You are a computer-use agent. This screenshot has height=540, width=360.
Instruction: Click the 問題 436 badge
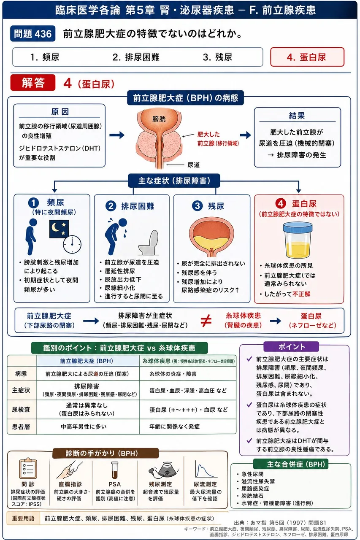point(32,33)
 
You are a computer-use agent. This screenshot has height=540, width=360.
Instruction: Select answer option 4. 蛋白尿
point(307,57)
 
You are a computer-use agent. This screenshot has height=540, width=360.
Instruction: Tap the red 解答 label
point(33,83)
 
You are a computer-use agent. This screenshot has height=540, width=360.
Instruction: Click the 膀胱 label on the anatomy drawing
point(159,119)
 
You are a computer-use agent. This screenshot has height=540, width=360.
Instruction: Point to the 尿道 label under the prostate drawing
point(193,165)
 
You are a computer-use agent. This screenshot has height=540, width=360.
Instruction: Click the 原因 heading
point(60,112)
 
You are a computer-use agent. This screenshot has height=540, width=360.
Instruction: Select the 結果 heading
point(297,116)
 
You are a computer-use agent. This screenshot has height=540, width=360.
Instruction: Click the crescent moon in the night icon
point(55,227)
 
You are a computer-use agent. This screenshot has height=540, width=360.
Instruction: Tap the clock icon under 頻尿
point(72,244)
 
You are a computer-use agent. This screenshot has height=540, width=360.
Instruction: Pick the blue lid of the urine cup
point(298,227)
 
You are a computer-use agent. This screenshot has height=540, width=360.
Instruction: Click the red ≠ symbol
point(206,321)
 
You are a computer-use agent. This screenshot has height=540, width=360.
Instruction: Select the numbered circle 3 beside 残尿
point(197,206)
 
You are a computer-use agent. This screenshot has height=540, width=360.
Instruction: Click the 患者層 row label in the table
point(21,427)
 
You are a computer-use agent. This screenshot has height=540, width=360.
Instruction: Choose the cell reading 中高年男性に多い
point(84,427)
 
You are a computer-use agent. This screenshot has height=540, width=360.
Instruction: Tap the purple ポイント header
point(291,346)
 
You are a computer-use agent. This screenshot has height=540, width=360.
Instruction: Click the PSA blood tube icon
point(114,470)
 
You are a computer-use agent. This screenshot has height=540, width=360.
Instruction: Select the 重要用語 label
point(23,518)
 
